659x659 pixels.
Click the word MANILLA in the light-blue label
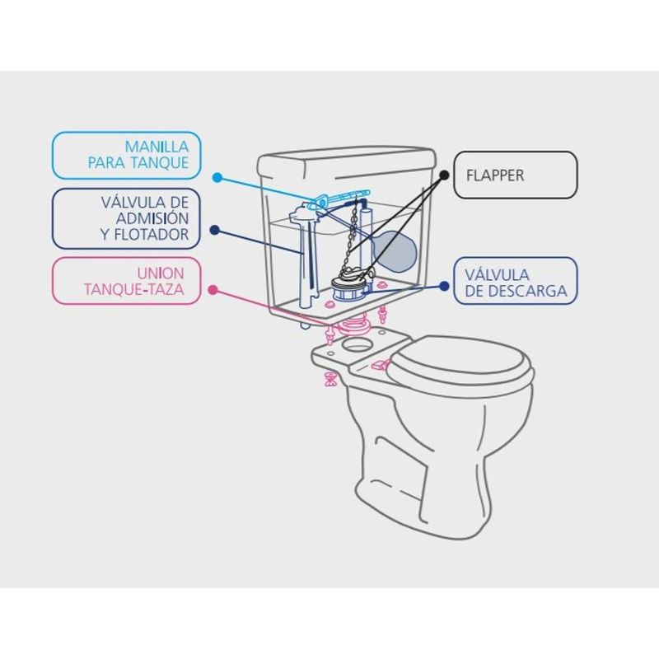[x=157, y=147]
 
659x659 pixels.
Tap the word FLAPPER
[x=495, y=175]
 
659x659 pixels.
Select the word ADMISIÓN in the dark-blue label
[x=152, y=218]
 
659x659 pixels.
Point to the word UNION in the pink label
[x=161, y=273]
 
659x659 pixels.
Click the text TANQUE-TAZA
[x=134, y=290]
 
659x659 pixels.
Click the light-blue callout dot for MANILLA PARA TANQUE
[x=217, y=177]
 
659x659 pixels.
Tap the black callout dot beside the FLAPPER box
[x=444, y=175]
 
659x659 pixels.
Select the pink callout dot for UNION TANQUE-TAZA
[x=213, y=290]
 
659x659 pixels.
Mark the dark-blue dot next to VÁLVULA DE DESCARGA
[x=444, y=286]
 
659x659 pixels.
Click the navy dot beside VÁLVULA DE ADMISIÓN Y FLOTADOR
[x=215, y=230]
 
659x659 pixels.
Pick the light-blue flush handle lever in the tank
[x=339, y=197]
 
